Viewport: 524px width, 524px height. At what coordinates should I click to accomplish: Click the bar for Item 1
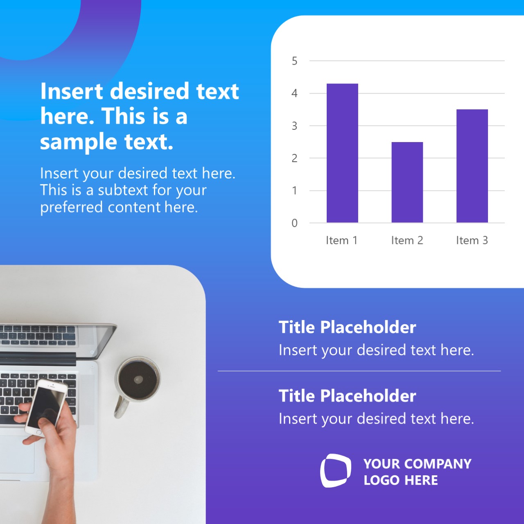342,153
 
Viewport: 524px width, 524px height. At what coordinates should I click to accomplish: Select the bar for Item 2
407,182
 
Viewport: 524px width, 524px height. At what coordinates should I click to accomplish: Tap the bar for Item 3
472,166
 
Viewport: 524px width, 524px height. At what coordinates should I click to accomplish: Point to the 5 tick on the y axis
294,61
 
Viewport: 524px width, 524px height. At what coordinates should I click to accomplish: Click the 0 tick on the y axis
294,223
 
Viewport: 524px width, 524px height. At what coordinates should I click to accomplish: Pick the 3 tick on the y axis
294,126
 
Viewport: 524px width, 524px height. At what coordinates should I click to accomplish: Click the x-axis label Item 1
341,240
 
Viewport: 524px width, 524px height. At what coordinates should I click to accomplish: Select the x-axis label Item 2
407,240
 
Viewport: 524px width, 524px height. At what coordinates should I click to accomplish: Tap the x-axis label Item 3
472,240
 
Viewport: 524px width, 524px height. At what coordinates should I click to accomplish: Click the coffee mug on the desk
138,379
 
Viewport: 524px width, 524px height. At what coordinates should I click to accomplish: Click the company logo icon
335,471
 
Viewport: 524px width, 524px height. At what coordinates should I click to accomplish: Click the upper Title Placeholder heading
347,327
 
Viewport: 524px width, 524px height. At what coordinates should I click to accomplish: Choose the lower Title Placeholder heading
347,396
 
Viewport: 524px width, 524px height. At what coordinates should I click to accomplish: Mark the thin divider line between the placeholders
359,371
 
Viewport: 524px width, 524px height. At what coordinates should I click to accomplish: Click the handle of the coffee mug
121,407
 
